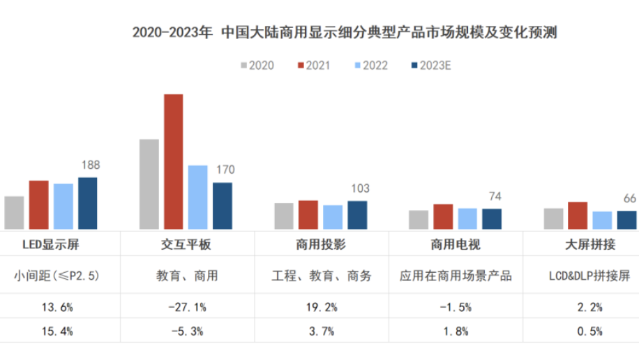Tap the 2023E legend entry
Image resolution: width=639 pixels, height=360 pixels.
point(431,66)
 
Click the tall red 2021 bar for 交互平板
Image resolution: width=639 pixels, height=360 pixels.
point(173,162)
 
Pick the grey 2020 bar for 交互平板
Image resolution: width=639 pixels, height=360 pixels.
point(149,184)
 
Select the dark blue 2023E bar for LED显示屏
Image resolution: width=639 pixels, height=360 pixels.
point(87,203)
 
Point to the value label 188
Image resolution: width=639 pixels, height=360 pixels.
point(91,165)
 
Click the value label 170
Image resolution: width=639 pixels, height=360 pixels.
point(225,170)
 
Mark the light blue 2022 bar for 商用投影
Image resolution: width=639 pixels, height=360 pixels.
point(333,217)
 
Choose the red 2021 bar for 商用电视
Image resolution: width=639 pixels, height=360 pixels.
point(443,216)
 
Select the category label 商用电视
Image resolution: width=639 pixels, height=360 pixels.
point(456,244)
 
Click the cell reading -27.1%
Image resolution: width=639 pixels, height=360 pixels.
point(186,307)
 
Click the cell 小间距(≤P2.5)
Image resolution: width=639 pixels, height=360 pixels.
point(57,276)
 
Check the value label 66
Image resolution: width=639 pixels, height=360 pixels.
point(629,198)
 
